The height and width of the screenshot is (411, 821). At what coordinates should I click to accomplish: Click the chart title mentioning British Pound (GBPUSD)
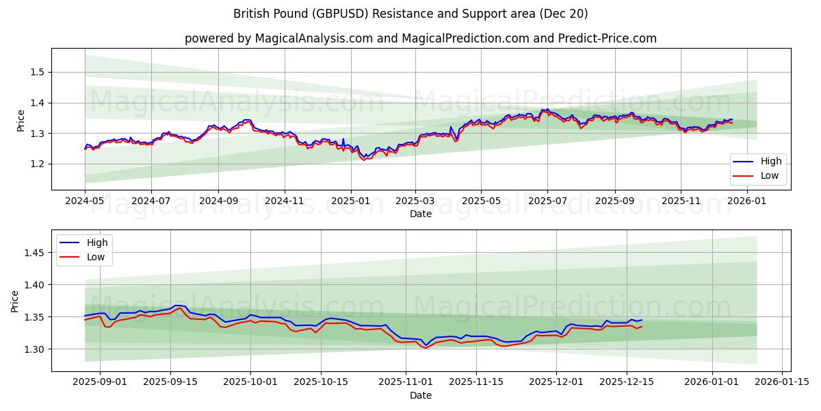point(410,14)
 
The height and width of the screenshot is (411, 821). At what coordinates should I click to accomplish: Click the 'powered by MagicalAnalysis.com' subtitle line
point(420,38)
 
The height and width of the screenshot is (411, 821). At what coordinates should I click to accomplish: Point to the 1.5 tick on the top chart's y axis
point(38,72)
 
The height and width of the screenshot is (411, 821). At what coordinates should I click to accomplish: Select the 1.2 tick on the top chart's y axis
point(38,164)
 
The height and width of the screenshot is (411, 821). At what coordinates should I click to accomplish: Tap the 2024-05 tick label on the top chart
point(85,202)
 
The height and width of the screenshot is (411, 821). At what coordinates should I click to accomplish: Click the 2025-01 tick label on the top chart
point(351,202)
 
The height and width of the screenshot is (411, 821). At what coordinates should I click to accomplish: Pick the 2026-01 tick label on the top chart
point(747,202)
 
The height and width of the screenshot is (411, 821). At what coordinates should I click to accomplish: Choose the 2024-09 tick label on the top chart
point(218,202)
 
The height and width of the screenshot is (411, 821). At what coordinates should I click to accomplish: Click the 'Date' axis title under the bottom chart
point(420,395)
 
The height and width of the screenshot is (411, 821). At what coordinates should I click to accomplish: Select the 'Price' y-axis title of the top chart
point(21,121)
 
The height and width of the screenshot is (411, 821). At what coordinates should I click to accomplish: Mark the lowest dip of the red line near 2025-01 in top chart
point(364,160)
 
